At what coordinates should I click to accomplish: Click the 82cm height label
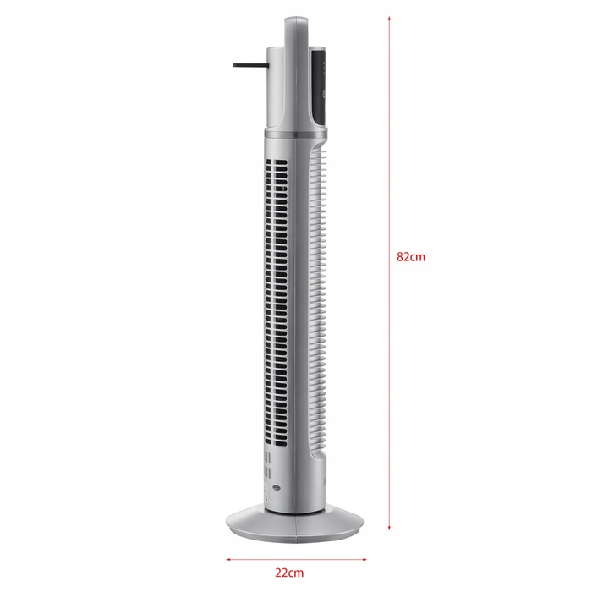coord(411,257)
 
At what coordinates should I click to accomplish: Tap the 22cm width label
coord(289,573)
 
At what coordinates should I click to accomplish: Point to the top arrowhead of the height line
coord(389,18)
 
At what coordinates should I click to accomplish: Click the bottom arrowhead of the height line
coord(389,528)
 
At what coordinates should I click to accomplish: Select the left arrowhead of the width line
coord(228,559)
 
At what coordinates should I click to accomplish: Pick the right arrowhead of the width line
coord(365,559)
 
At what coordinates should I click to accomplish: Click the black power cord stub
coord(250,65)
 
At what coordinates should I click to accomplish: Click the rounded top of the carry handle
coord(296,19)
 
